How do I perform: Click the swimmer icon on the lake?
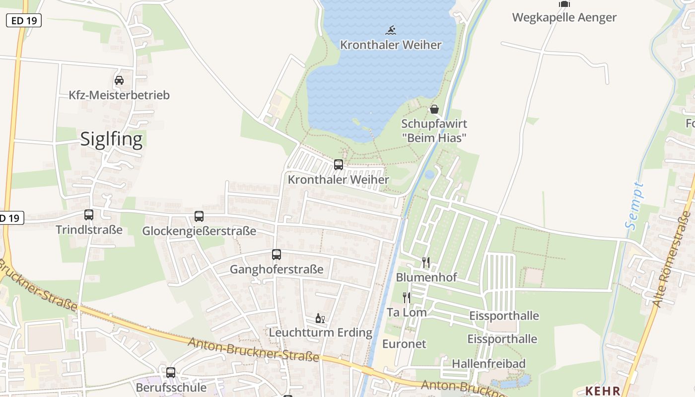(x=391, y=30)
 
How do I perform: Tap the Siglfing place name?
(x=111, y=139)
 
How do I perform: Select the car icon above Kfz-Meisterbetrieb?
(x=119, y=80)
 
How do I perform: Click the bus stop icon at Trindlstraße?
(x=89, y=215)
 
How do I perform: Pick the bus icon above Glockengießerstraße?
(x=199, y=216)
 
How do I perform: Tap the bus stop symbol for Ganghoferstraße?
(x=277, y=255)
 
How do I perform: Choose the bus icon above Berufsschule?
(x=171, y=372)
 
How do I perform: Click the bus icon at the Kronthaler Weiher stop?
(x=339, y=164)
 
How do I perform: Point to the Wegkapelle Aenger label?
(x=564, y=17)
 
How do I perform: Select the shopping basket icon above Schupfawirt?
(x=434, y=109)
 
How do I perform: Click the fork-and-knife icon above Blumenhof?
(x=426, y=262)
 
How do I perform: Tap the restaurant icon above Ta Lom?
(x=407, y=298)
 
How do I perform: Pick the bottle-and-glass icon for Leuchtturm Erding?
(x=320, y=318)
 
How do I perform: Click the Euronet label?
(x=404, y=344)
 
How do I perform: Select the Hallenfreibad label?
(x=488, y=364)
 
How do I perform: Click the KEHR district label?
(x=603, y=391)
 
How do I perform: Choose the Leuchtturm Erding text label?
(x=320, y=332)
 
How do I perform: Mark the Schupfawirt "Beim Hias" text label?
(x=434, y=131)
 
